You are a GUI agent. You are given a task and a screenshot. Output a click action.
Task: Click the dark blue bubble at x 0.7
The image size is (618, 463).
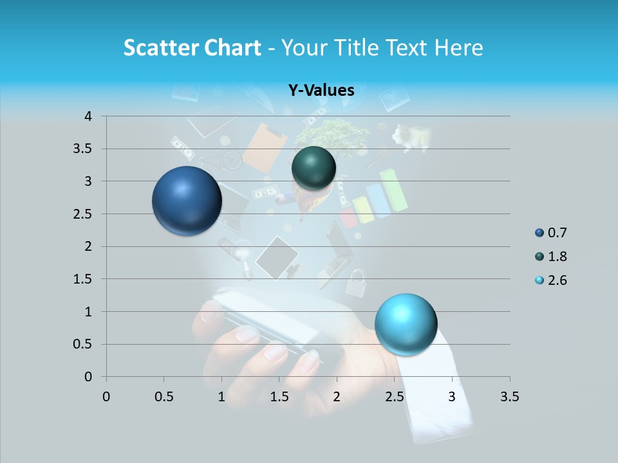click(x=187, y=201)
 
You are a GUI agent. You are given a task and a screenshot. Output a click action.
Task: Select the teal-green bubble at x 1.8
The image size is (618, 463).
click(x=314, y=168)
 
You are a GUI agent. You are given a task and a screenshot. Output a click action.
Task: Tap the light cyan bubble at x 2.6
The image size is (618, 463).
click(x=406, y=323)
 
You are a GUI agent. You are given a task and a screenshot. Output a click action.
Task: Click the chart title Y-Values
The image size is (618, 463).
click(x=321, y=91)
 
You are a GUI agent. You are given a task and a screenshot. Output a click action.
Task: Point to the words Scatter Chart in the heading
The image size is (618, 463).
click(x=192, y=48)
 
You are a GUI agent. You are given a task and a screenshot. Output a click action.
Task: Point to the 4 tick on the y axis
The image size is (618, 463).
click(x=88, y=116)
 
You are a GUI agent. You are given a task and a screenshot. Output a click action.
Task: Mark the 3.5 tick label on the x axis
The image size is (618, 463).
click(x=509, y=397)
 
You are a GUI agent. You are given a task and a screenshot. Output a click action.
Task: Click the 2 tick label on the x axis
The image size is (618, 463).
click(x=337, y=397)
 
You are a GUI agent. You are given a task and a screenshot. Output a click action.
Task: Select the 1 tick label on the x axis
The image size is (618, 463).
click(x=221, y=397)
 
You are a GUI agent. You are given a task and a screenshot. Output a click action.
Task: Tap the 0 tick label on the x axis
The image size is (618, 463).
click(x=106, y=397)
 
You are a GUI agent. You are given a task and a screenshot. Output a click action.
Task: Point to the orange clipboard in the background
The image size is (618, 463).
click(x=265, y=147)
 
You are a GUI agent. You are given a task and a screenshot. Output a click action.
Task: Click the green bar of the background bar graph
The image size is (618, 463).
click(x=393, y=190)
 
